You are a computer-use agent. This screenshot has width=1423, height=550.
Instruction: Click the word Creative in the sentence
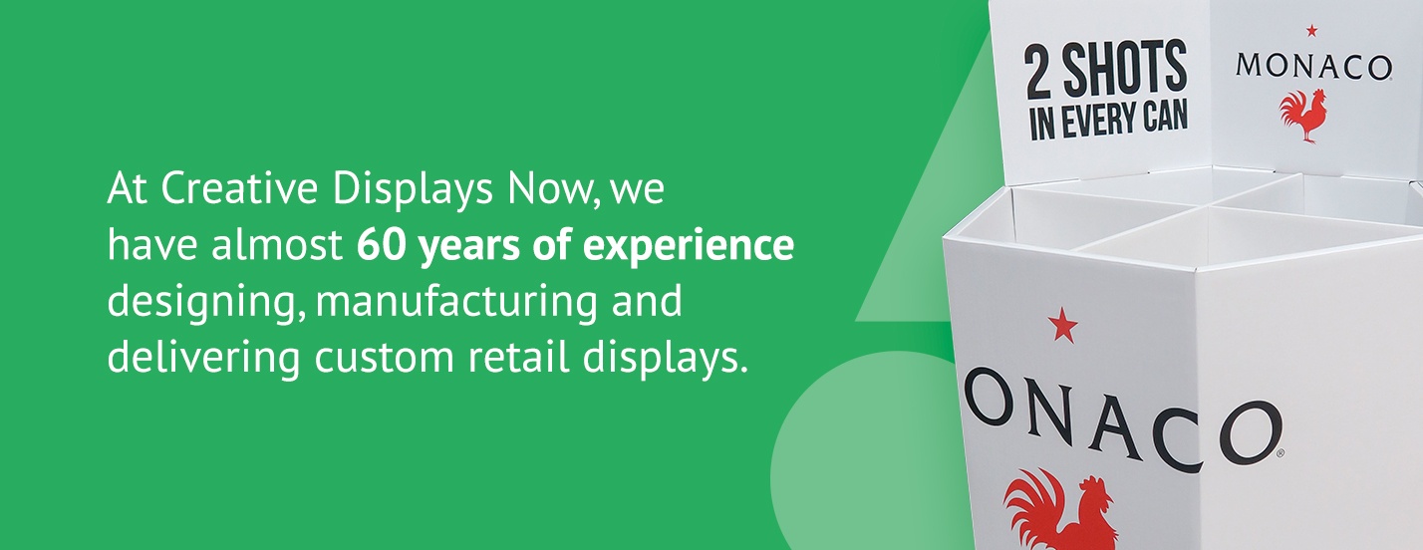pyautogui.click(x=238, y=188)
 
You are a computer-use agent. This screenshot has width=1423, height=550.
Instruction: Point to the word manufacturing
pyautogui.click(x=456, y=302)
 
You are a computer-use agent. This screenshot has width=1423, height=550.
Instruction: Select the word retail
pyautogui.click(x=518, y=357)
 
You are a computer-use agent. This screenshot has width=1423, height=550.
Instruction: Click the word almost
pyautogui.click(x=277, y=246)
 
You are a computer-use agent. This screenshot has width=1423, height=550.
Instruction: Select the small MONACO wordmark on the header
pyautogui.click(x=1313, y=66)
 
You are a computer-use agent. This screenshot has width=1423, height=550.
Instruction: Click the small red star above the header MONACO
pyautogui.click(x=1311, y=31)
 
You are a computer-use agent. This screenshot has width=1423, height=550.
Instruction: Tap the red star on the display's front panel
pyautogui.click(x=1062, y=325)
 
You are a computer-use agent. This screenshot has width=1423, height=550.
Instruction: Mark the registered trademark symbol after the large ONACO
pyautogui.click(x=1281, y=452)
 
